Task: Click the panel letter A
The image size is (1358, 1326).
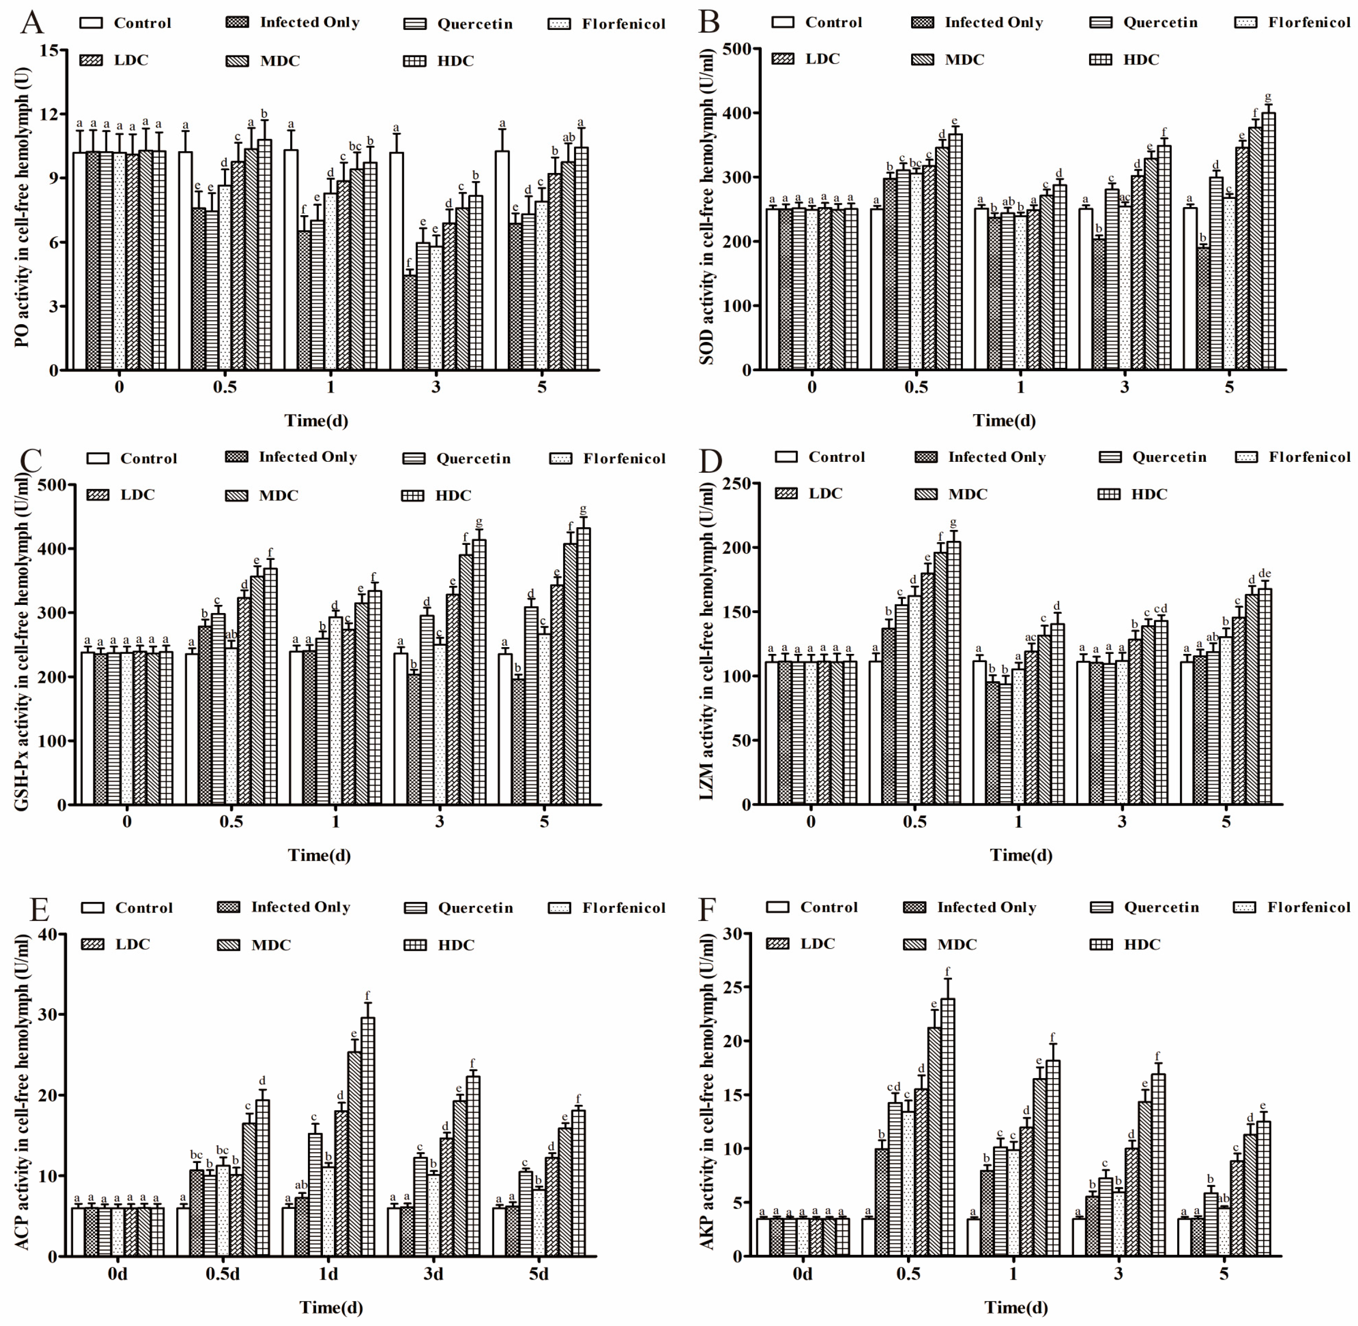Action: pyautogui.click(x=32, y=23)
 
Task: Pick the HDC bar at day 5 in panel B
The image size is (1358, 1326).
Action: pyautogui.click(x=1268, y=241)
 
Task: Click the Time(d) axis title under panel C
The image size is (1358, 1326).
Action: pyautogui.click(x=319, y=855)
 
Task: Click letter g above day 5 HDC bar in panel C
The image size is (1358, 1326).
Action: pyautogui.click(x=583, y=509)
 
